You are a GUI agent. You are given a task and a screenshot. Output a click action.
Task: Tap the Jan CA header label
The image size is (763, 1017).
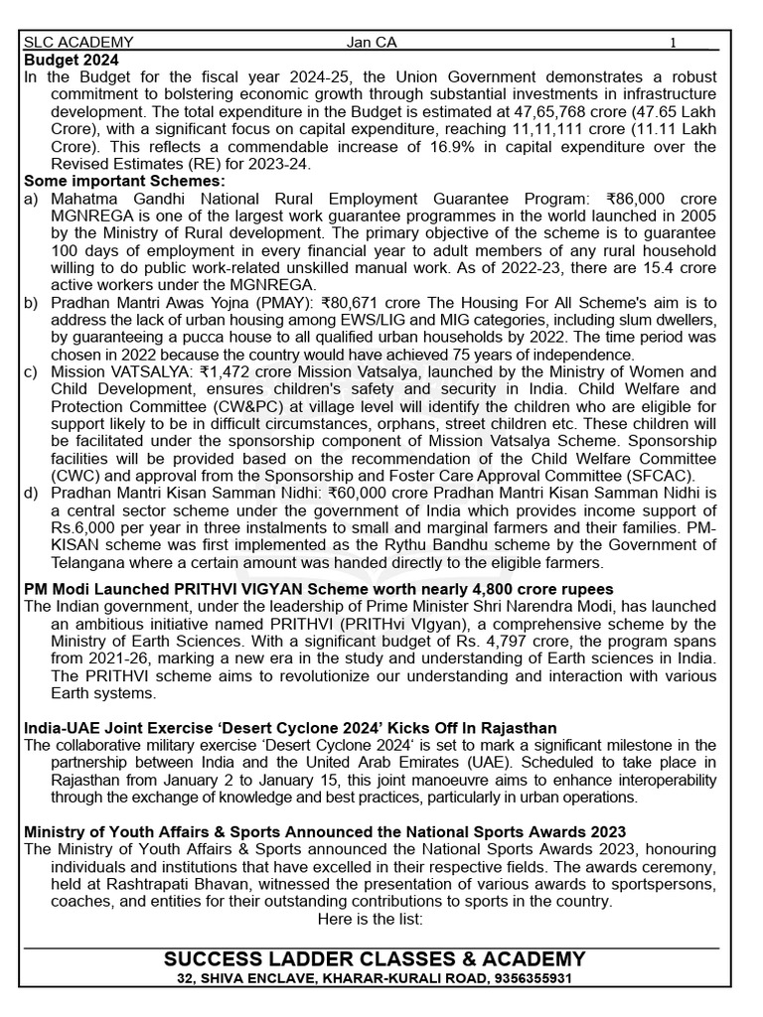pos(372,43)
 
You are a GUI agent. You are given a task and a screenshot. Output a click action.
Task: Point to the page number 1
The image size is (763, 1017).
pos(673,43)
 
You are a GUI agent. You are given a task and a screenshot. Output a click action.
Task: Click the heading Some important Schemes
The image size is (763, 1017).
pos(124,181)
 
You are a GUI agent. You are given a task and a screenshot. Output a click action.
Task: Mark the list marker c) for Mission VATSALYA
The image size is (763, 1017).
pos(31,371)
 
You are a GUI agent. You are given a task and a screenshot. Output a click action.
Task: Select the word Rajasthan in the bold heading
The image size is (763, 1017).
pos(518,728)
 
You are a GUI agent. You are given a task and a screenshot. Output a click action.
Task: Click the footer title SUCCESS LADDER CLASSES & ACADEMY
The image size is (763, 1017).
pos(375,959)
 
